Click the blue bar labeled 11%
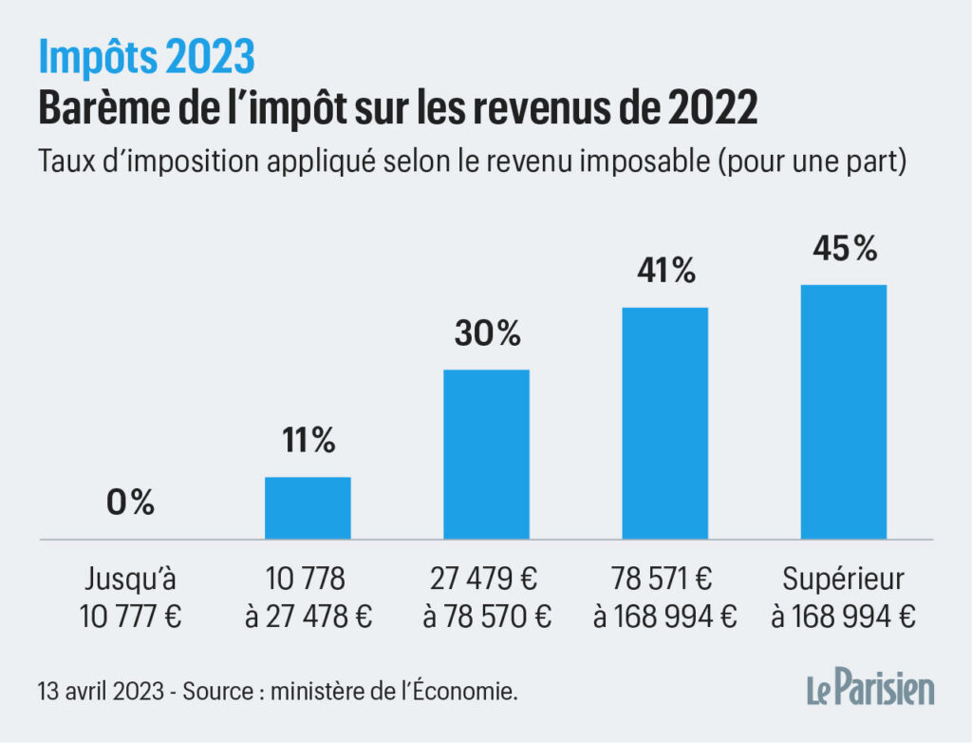308,508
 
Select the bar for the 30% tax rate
487,454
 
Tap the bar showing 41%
665,424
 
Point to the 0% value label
130,503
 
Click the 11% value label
308,440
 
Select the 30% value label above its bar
487,333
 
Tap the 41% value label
665,271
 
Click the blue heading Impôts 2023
146,59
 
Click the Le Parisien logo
869,689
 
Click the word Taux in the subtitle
64,162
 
